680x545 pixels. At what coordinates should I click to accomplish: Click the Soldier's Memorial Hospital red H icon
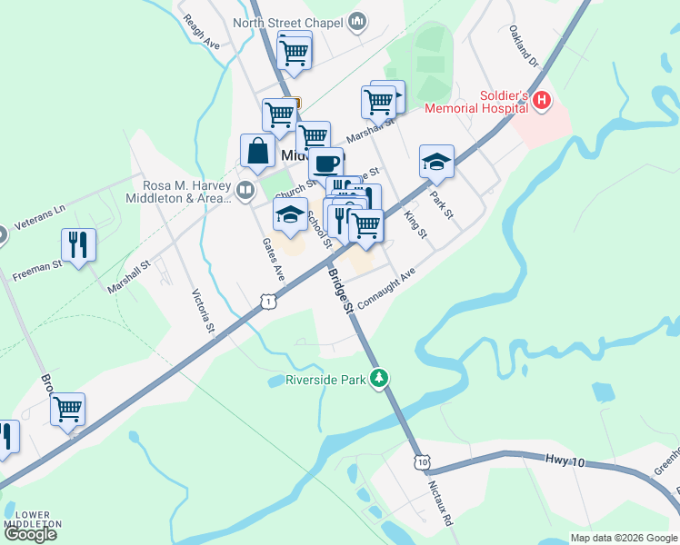click(542, 101)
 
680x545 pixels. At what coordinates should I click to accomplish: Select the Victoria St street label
click(202, 311)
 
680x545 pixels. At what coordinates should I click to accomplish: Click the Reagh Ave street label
click(201, 31)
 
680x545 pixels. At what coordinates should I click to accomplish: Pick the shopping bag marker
click(258, 152)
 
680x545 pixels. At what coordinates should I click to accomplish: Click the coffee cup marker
click(326, 163)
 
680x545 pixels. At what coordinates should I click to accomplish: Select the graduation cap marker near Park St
click(436, 162)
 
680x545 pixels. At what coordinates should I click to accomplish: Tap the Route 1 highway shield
click(265, 301)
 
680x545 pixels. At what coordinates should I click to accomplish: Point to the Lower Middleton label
click(33, 520)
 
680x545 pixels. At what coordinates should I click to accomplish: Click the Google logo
click(30, 534)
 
